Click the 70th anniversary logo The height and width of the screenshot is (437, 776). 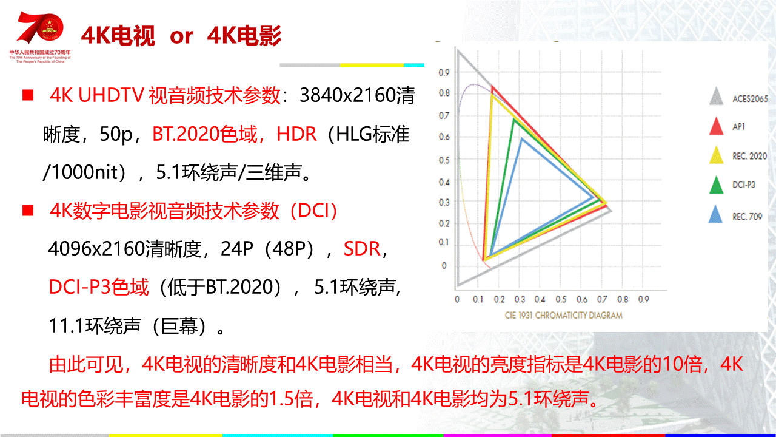point(40,37)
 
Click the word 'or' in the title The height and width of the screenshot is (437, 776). point(181,36)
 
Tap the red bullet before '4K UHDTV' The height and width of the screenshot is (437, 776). point(28,95)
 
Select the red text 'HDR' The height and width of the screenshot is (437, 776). point(296,134)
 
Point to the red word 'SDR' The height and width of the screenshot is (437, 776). point(362,249)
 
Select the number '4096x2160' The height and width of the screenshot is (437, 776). point(96,249)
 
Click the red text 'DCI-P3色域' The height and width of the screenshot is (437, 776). point(99,287)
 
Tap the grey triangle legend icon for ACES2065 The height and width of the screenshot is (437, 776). point(716,96)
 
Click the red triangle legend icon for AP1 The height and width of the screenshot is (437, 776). point(716,126)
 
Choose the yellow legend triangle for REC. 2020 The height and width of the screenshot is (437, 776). point(716,155)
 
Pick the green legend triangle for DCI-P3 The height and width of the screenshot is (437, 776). point(716,185)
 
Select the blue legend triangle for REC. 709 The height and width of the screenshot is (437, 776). point(715,214)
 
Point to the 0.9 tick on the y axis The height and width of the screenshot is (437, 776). point(444,72)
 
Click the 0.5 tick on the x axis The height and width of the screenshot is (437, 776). point(561,299)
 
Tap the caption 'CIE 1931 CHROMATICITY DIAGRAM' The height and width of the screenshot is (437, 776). point(563,315)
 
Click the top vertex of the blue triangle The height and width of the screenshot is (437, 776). point(521,139)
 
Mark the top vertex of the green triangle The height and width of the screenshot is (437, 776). point(514,120)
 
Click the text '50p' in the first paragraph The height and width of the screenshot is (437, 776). point(116,135)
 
